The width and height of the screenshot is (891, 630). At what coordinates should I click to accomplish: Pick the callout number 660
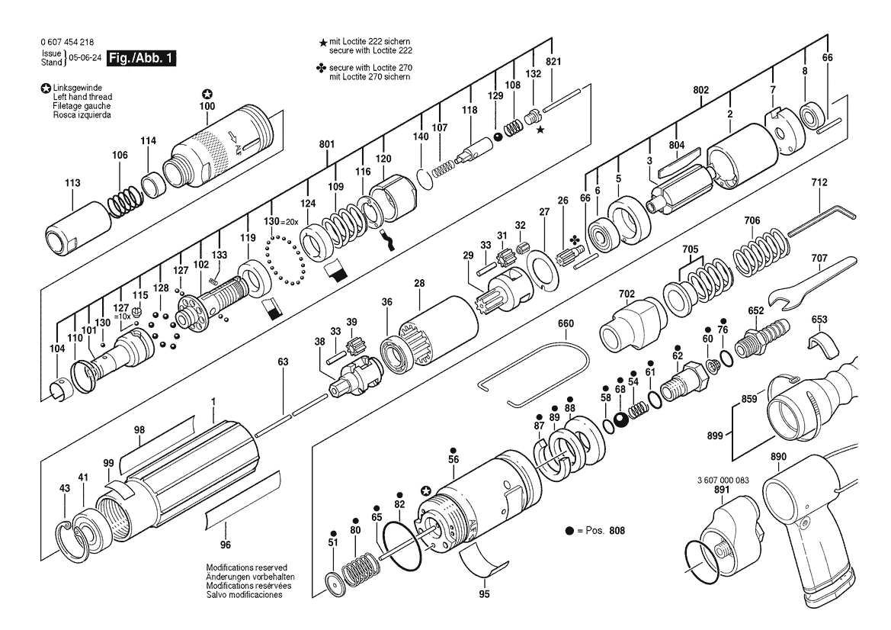(x=566, y=323)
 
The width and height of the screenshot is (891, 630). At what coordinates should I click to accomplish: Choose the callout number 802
(x=700, y=91)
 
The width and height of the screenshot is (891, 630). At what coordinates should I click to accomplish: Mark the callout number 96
(x=225, y=545)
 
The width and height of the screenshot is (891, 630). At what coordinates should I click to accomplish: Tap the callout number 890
(x=778, y=457)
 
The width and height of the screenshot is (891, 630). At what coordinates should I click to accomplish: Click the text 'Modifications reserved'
(x=246, y=568)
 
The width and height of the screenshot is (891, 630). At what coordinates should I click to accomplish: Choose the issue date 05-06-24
(x=85, y=58)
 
